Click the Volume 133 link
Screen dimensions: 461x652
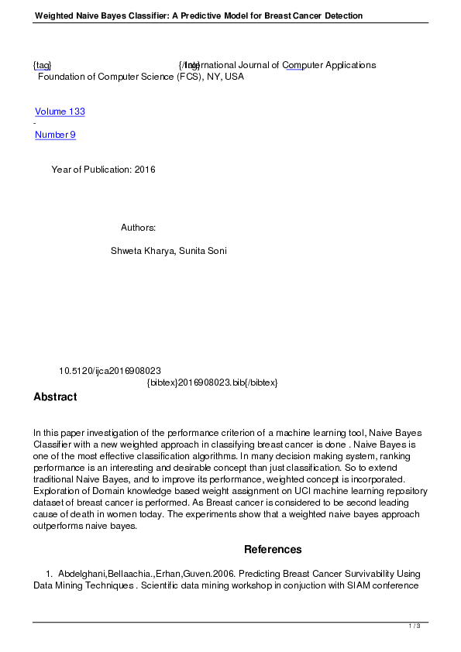60,112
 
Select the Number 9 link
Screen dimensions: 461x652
55,135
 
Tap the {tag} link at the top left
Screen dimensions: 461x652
42,65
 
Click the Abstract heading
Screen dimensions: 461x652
55,397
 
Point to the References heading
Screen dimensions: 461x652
273,550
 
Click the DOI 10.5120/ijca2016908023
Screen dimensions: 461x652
110,371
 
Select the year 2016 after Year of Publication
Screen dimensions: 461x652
145,170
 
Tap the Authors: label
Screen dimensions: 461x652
139,228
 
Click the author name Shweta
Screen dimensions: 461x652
127,251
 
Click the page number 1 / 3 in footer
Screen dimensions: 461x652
415,626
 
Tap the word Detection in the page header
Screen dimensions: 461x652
340,15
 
